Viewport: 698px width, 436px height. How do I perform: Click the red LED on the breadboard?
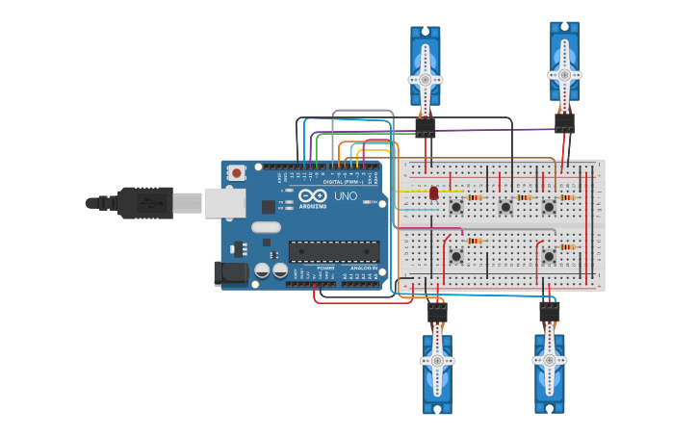[x=433, y=193]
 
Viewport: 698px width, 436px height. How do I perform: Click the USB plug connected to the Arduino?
[x=144, y=203]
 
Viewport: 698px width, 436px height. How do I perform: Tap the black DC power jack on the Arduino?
[x=230, y=272]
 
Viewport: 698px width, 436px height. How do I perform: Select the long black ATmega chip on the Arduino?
[x=333, y=251]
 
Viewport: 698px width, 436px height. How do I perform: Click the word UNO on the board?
[x=345, y=195]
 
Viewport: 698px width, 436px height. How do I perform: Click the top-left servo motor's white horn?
[x=425, y=78]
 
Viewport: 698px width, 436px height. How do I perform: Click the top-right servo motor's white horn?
[x=564, y=73]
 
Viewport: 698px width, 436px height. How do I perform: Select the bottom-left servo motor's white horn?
[x=437, y=362]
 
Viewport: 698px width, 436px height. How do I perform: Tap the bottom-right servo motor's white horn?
[x=550, y=358]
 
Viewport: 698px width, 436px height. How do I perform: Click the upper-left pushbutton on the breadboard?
[x=455, y=206]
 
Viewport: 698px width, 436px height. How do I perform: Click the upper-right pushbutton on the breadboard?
[x=549, y=206]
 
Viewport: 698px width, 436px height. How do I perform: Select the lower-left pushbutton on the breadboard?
[x=455, y=255]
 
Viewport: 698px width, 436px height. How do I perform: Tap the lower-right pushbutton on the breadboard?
[x=549, y=255]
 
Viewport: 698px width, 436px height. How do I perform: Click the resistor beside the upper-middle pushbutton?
[x=524, y=197]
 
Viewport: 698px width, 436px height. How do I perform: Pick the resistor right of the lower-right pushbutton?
[x=567, y=246]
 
